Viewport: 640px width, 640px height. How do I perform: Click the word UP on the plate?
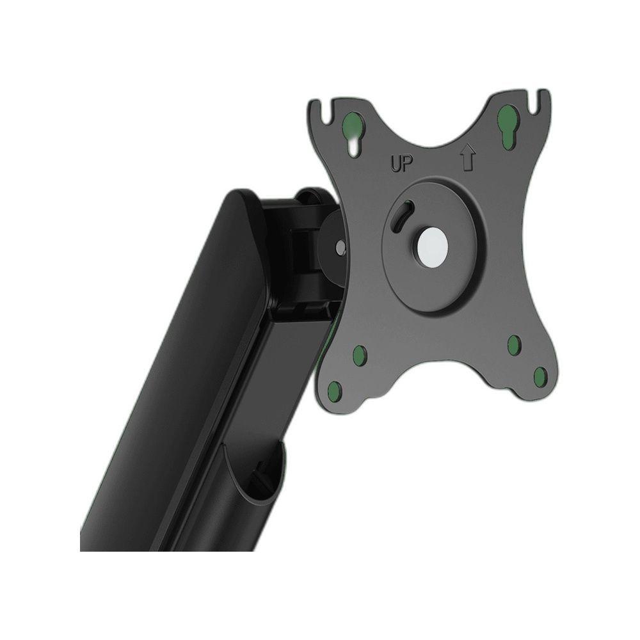(x=402, y=164)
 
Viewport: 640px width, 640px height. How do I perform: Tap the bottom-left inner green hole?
(x=360, y=354)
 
